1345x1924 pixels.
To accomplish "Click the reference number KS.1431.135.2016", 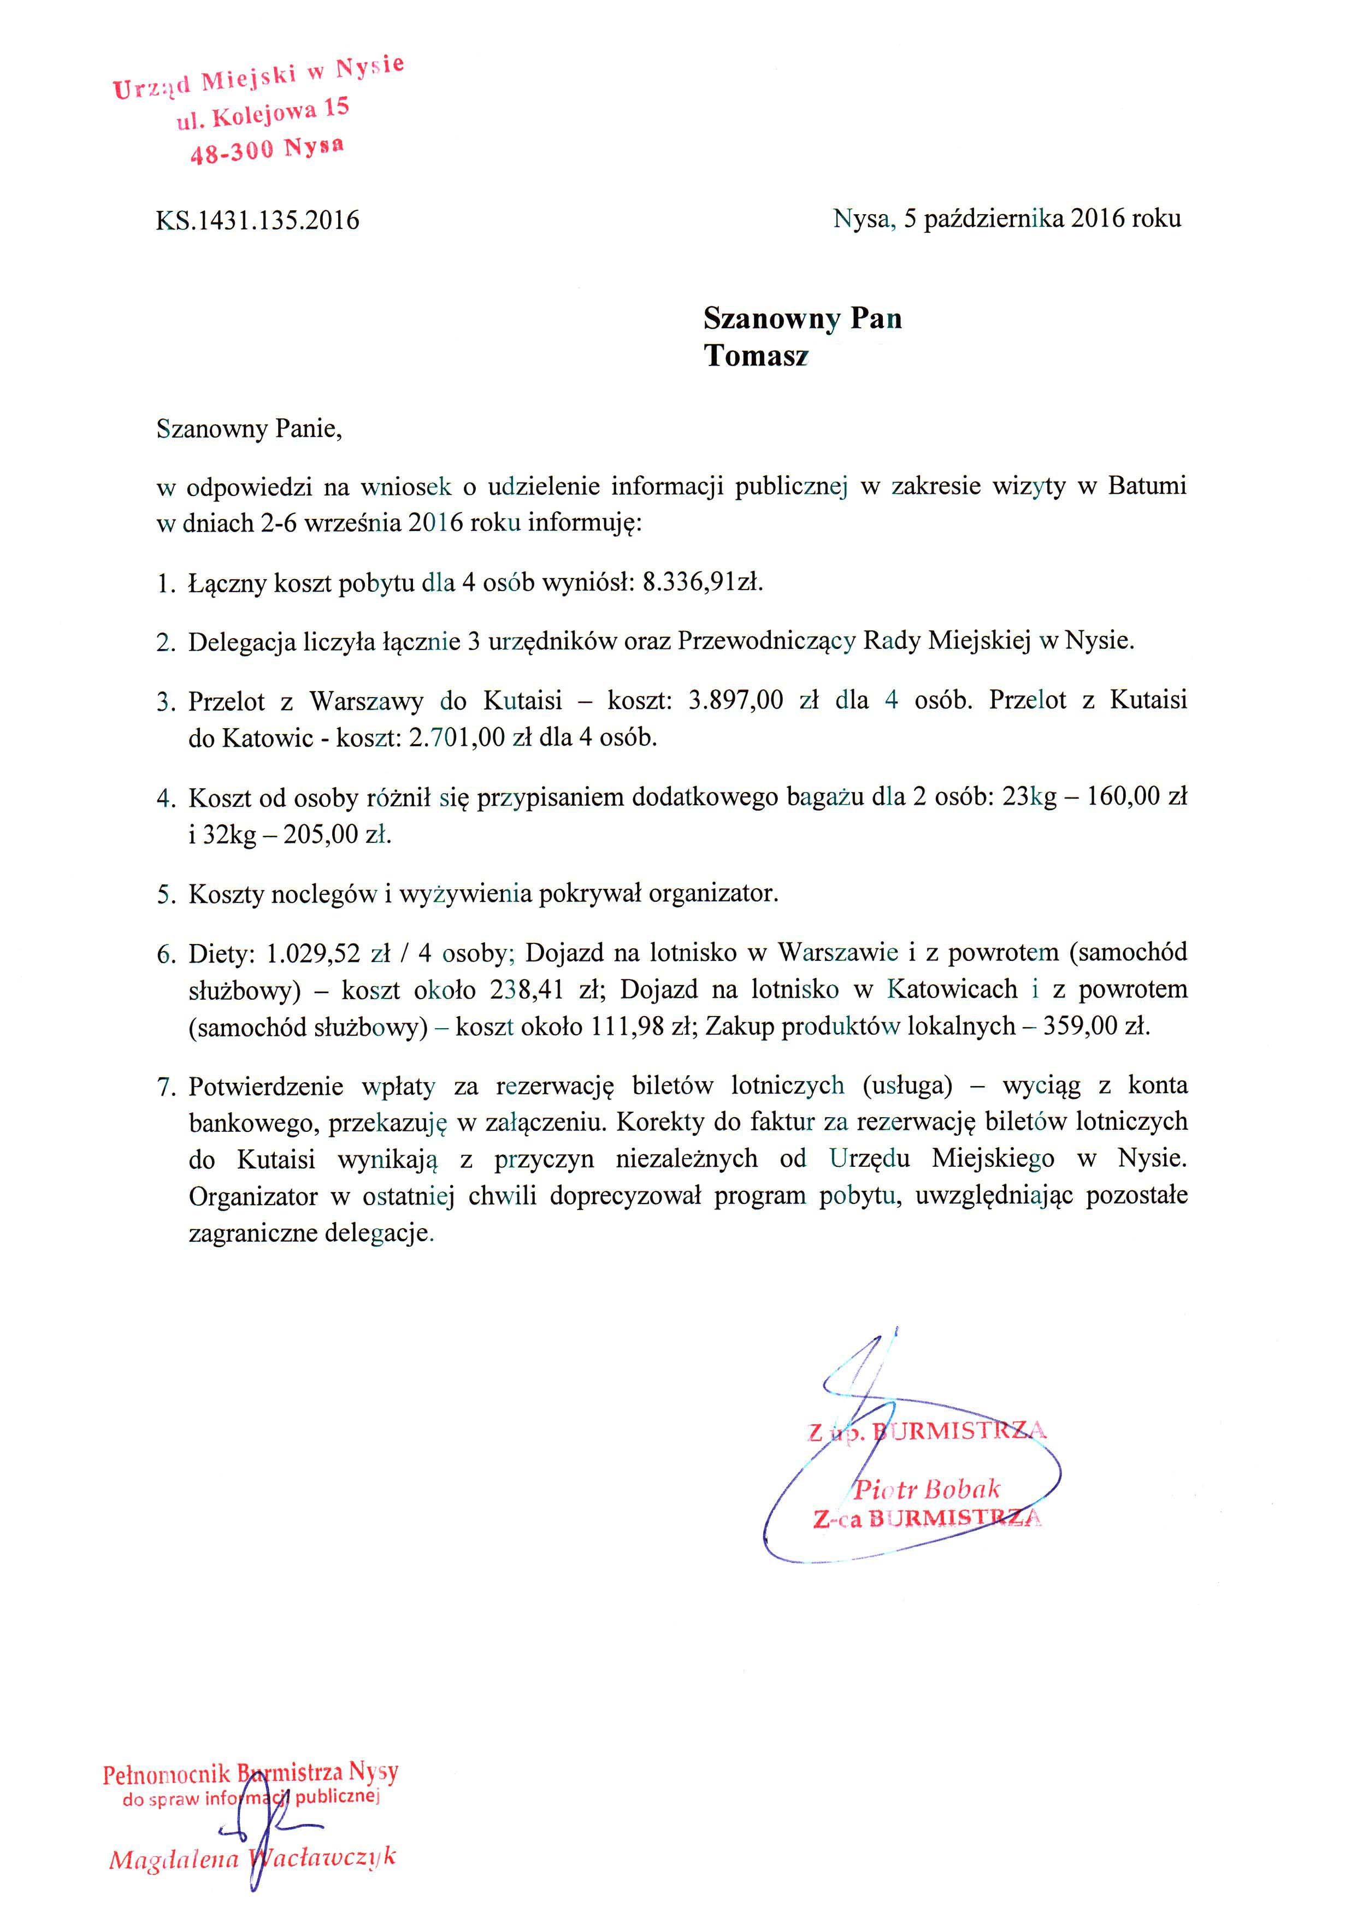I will pos(257,220).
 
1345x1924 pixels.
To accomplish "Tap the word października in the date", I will pos(993,219).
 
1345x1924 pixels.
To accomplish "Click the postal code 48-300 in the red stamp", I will pos(231,152).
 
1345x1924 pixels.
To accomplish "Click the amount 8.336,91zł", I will pos(702,582).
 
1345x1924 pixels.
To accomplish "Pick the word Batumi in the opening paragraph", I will pos(1146,486).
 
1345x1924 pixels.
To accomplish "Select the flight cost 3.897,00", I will pos(735,700).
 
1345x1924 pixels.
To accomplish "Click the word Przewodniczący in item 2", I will pos(766,641).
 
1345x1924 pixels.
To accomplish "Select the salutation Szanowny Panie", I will pos(248,429).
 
